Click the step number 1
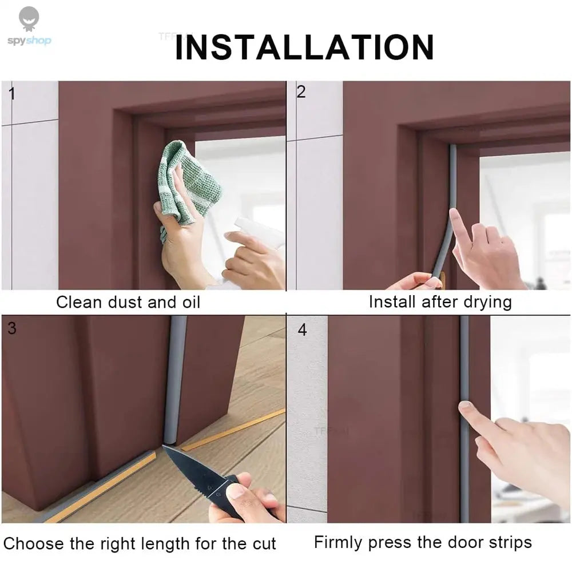pos(11,94)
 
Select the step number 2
pos(300,92)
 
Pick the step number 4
pos(302,331)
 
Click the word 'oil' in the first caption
pos(189,302)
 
